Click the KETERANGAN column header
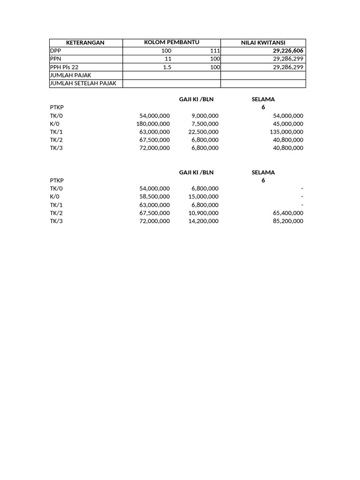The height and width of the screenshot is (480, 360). click(85, 43)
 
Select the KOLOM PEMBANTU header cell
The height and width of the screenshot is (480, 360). click(172, 43)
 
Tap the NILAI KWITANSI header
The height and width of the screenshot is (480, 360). click(263, 43)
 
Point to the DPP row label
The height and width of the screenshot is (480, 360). click(55, 51)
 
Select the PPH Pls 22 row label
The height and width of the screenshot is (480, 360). click(64, 67)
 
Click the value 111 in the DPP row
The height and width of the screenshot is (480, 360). click(215, 51)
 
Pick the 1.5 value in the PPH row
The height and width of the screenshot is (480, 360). click(167, 67)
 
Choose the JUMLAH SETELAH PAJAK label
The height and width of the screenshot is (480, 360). click(82, 83)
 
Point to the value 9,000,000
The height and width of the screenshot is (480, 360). click(205, 116)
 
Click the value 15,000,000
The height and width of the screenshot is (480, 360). click(203, 197)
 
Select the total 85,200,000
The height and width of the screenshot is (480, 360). click(287, 221)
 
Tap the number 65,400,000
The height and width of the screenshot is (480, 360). click(287, 213)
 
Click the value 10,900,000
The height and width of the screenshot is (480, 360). click(203, 213)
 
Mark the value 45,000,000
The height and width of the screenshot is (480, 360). click(287, 124)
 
